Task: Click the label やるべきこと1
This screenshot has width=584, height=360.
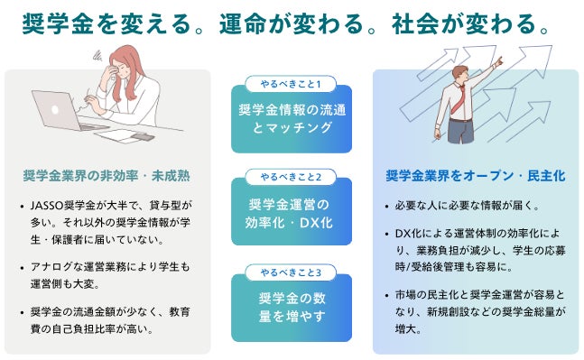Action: (291, 84)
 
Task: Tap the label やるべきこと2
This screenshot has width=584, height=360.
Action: (291, 177)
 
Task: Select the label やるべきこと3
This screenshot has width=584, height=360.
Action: (291, 272)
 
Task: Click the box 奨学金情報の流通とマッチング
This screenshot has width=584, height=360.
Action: (292, 119)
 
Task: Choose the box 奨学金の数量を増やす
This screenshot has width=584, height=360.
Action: (292, 308)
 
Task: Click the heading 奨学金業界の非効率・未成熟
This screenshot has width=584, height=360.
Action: (107, 176)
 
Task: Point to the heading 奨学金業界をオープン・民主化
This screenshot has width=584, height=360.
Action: (476, 176)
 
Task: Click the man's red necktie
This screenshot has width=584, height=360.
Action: (459, 99)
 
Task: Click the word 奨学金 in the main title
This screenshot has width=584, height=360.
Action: (58, 23)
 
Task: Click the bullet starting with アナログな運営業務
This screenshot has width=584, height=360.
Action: (110, 275)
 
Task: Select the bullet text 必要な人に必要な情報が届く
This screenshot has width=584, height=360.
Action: (467, 206)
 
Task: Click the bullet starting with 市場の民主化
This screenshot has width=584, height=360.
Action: (480, 312)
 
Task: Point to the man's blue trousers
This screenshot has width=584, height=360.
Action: (460, 131)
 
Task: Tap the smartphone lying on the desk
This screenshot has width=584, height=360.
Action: (143, 136)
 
